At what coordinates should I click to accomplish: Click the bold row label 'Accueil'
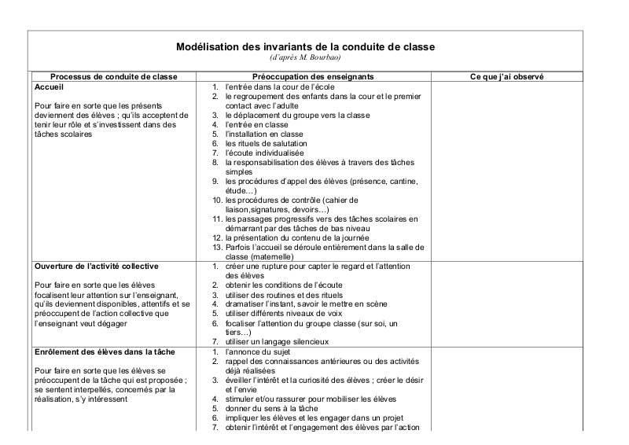pos(51,86)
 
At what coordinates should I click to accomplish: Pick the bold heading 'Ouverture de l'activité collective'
pos(97,266)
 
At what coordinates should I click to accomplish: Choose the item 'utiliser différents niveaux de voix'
pos(286,313)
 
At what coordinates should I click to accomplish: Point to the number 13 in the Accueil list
pos(217,247)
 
